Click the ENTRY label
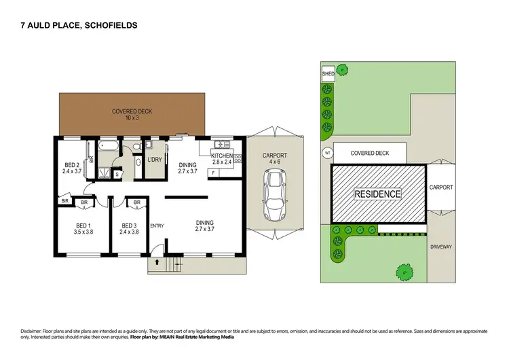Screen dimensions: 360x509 tap(157, 226)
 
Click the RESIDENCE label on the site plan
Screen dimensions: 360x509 tap(378, 194)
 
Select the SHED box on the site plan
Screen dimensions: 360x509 tap(327, 73)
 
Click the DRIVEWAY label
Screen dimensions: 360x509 tap(441, 247)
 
